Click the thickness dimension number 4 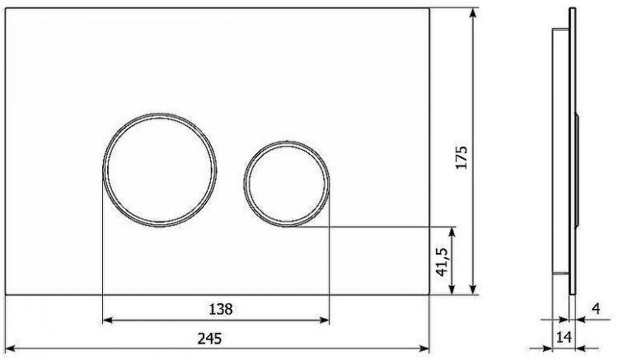(595, 310)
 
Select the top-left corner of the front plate (6, 7)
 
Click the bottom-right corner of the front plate (429, 293)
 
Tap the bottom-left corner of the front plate (6, 293)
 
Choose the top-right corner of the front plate (429, 7)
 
